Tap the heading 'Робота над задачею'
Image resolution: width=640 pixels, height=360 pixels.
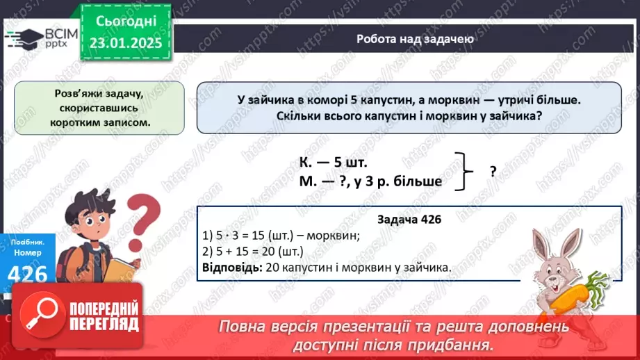(x=415, y=39)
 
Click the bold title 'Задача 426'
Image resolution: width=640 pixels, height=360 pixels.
(x=409, y=219)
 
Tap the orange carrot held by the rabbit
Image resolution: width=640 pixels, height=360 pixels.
(x=581, y=292)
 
